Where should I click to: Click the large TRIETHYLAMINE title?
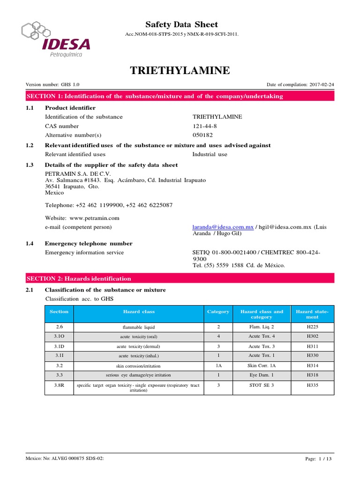[180, 71]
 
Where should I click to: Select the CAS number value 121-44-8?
[204, 126]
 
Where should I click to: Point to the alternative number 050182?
[202, 135]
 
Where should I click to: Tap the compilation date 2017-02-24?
[321, 84]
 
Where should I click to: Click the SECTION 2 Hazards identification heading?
[79, 278]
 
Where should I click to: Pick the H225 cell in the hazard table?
[312, 327]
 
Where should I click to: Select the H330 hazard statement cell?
[312, 356]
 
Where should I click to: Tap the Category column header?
[218, 312]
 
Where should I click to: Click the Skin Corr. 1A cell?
[262, 366]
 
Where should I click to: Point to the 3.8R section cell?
[59, 385]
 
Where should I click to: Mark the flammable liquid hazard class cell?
[138, 327]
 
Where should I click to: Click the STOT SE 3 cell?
[262, 385]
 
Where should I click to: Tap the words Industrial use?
[210, 154]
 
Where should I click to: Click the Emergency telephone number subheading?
[88, 244]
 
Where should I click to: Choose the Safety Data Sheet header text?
[181, 24]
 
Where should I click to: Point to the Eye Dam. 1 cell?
[262, 375]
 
